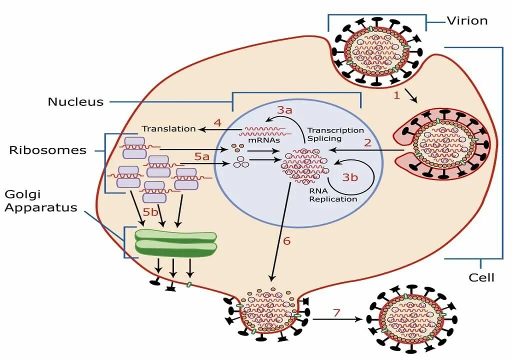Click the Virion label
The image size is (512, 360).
tap(467, 21)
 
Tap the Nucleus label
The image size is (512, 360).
tap(75, 101)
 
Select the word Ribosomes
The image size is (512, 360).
tap(47, 150)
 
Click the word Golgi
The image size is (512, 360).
tap(22, 194)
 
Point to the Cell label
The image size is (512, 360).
tap(481, 277)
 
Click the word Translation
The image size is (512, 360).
tap(169, 128)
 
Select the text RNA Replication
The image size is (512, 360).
tap(333, 195)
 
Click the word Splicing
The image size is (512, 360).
tap(324, 138)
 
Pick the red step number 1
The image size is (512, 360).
tap(396, 95)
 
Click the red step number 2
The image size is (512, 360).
tap(367, 143)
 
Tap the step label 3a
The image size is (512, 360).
tap(284, 110)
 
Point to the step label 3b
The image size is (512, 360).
tap(350, 177)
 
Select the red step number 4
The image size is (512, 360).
tap(218, 123)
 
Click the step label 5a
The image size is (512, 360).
tap(201, 156)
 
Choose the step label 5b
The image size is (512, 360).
tap(150, 212)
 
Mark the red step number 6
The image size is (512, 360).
tap(286, 241)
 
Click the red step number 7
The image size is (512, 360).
tap(336, 312)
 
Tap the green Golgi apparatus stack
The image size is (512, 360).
tap(175, 242)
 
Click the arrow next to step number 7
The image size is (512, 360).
tap(337, 319)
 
